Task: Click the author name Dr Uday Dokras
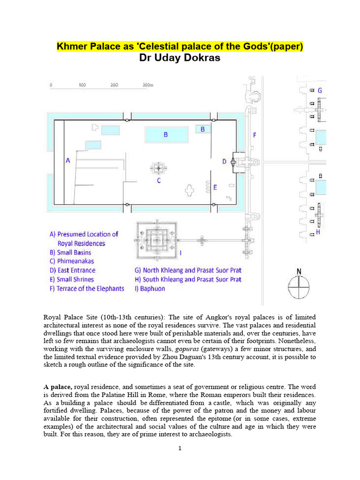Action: click(x=180, y=58)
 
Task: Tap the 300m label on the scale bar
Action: click(x=148, y=85)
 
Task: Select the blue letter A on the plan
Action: click(x=67, y=160)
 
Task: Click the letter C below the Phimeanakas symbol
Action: click(x=159, y=180)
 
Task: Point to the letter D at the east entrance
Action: click(x=225, y=161)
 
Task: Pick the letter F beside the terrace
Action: click(x=255, y=135)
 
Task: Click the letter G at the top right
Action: click(x=320, y=90)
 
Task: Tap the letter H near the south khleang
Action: click(x=318, y=232)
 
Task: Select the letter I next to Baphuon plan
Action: click(x=181, y=254)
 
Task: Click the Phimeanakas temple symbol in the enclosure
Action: click(x=158, y=167)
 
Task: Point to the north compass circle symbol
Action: click(x=299, y=287)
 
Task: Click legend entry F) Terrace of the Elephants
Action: click(x=87, y=289)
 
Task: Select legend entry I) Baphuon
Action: click(x=150, y=289)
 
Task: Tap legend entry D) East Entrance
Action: click(x=72, y=270)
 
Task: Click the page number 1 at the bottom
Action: click(x=180, y=449)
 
